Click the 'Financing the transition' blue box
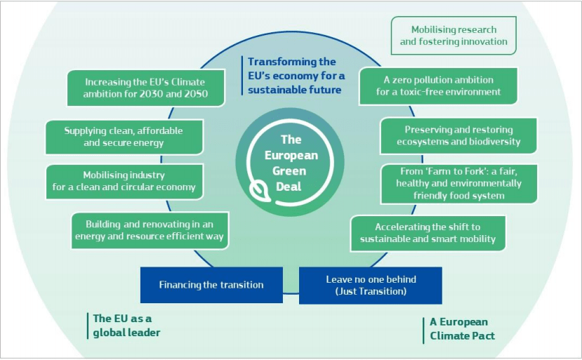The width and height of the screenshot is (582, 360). point(211,285)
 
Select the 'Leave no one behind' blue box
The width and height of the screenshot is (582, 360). point(371,286)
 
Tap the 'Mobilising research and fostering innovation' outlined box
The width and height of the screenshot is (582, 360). point(454,36)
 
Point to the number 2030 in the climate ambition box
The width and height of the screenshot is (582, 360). point(151,94)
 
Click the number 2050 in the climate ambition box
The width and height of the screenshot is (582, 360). point(196,94)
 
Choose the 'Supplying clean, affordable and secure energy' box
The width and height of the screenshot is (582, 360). point(124,137)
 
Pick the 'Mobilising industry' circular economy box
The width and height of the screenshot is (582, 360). point(125,182)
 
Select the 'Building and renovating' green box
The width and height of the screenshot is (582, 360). point(150,230)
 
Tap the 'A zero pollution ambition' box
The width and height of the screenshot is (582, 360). point(438,86)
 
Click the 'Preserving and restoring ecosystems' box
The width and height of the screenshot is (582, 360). point(458,136)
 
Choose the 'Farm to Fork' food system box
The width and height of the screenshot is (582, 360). point(458,184)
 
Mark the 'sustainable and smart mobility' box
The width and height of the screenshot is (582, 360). point(428,234)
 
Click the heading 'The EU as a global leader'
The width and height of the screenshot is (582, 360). point(126,326)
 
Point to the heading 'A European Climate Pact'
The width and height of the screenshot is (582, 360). point(462,329)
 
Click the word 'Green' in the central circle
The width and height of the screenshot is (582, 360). point(289,171)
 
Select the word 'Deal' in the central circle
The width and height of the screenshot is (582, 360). point(289,186)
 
